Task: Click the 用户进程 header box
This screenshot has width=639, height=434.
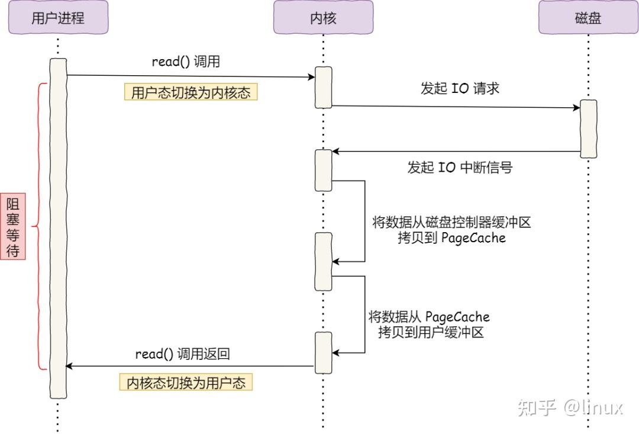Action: pyautogui.click(x=57, y=18)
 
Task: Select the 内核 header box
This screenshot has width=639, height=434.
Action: pyautogui.click(x=323, y=18)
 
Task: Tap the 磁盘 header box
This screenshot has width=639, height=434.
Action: pyautogui.click(x=588, y=18)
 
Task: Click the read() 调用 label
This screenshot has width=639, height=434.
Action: pyautogui.click(x=186, y=61)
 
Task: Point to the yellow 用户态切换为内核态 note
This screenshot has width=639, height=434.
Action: pyautogui.click(x=191, y=93)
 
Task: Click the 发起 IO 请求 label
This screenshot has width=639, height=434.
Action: pyautogui.click(x=460, y=88)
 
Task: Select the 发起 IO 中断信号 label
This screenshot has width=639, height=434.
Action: pyautogui.click(x=459, y=168)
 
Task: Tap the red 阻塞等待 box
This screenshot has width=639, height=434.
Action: pyautogui.click(x=13, y=227)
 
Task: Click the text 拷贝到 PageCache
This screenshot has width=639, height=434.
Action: pyautogui.click(x=453, y=238)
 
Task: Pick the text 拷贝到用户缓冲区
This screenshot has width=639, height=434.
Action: pyautogui.click(x=431, y=332)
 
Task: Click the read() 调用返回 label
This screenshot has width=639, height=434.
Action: pyautogui.click(x=182, y=354)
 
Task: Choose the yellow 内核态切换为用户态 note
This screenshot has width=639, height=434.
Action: pyautogui.click(x=186, y=382)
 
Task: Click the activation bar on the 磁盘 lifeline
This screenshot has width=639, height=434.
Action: pyautogui.click(x=588, y=129)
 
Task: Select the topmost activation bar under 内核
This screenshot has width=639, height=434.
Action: pyautogui.click(x=323, y=87)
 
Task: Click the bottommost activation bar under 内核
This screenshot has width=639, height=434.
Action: pyautogui.click(x=323, y=352)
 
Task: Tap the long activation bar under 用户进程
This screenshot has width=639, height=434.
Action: pyautogui.click(x=57, y=228)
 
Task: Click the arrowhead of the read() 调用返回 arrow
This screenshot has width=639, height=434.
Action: pyautogui.click(x=69, y=367)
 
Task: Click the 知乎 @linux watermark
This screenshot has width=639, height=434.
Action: pyautogui.click(x=570, y=407)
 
